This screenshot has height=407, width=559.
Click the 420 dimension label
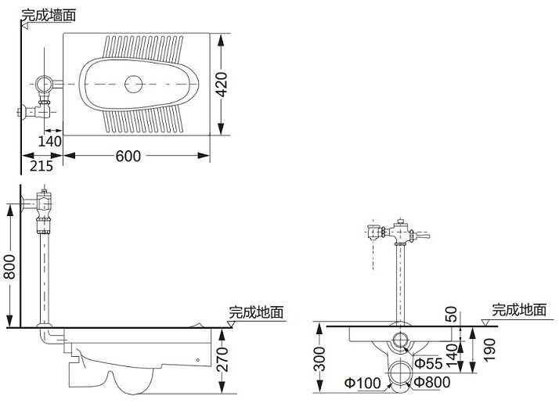[x=222, y=85]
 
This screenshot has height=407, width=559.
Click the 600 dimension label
[x=128, y=156]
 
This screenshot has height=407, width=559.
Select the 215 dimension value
[x=41, y=166]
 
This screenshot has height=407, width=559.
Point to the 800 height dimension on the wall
[x=9, y=267]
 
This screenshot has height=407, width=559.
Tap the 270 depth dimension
[x=222, y=359]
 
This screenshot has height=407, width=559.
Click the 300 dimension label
[x=321, y=359]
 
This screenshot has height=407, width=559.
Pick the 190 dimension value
[x=490, y=350]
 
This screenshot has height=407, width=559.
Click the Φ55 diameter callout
[x=429, y=363]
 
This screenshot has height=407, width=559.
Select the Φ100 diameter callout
[x=362, y=383]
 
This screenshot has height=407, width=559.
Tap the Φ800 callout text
[x=431, y=382]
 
